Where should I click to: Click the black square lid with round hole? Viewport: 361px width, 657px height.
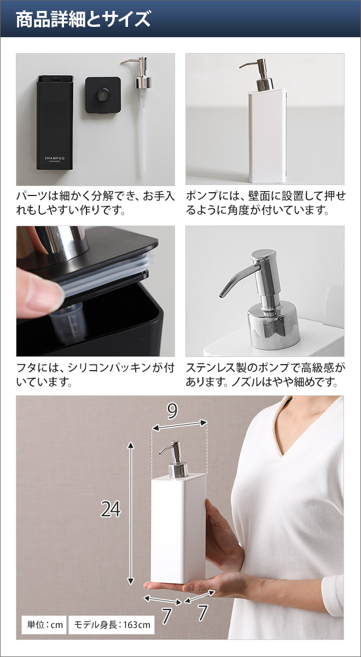(x=103, y=95)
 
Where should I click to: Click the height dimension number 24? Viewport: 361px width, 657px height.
(x=110, y=510)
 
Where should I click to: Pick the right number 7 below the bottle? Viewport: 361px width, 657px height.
(x=203, y=612)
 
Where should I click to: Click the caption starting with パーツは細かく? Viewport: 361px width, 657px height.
(x=95, y=203)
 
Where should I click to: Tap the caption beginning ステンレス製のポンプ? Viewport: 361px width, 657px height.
(x=265, y=374)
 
